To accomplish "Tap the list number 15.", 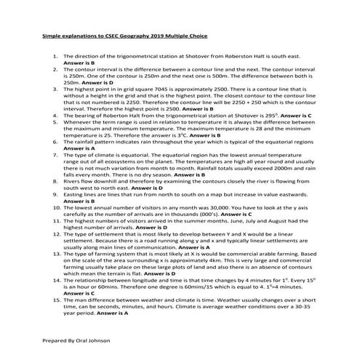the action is (x=55, y=297).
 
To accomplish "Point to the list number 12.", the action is (x=55, y=236).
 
